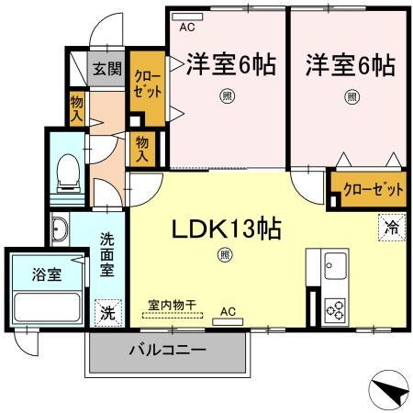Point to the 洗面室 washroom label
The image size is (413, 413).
coord(108,258)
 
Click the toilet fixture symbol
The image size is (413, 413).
coord(69,173)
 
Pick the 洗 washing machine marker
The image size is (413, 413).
coord(108,311)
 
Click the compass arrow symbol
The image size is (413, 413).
coord(391,391)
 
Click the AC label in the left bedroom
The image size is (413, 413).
coord(187,28)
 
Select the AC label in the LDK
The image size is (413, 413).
coord(228,312)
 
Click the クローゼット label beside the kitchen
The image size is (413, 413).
coord(373,190)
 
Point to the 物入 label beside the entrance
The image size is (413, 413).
coord(77,109)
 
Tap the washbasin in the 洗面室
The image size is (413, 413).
coord(60,229)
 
